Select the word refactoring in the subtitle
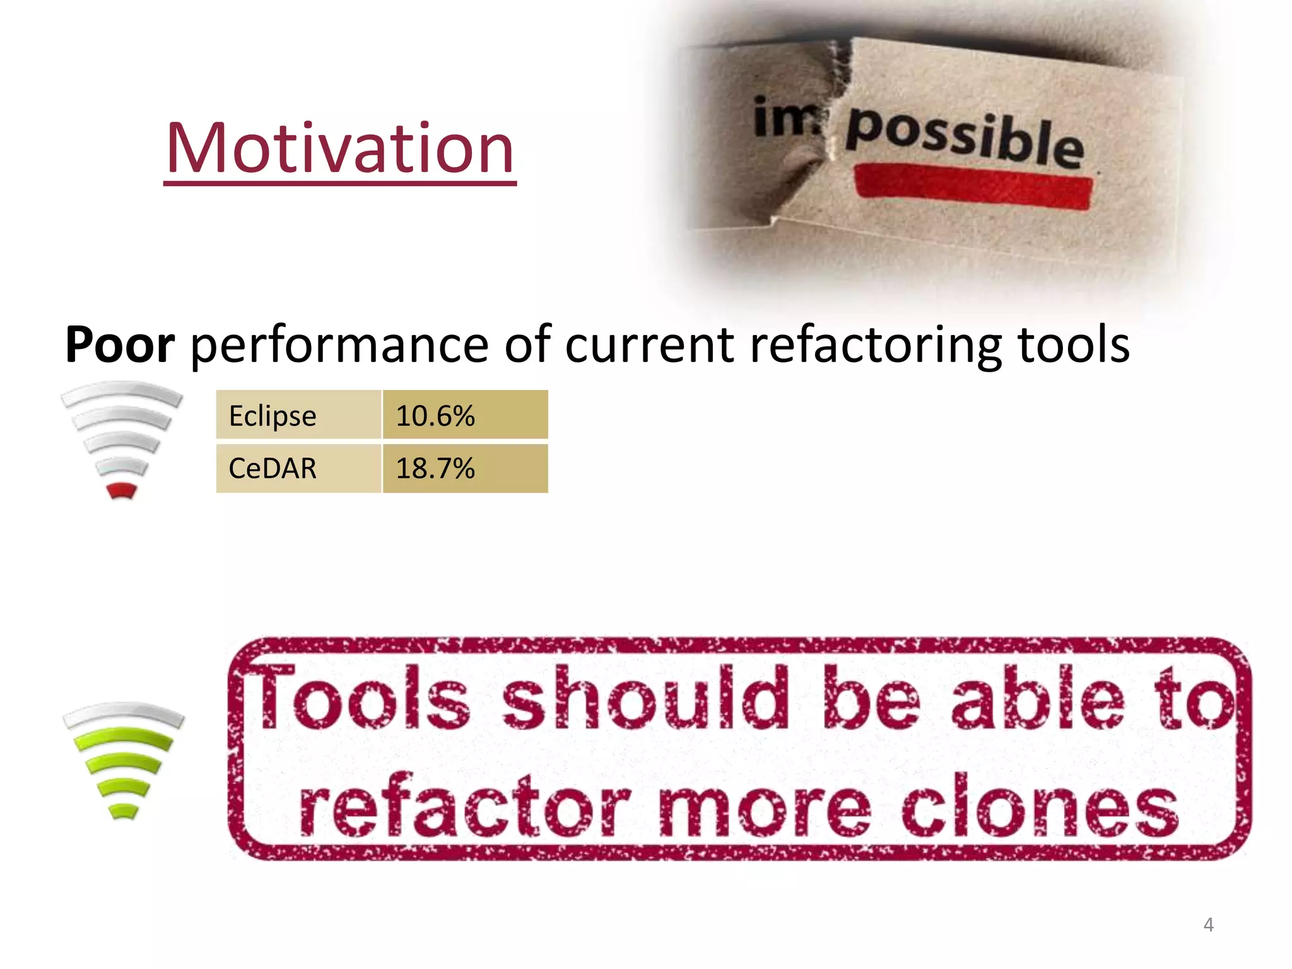876,346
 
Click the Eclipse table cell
298,415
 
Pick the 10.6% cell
465,415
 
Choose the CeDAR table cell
298,469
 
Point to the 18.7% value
465,469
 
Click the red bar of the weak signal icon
122,490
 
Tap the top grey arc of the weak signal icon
122,392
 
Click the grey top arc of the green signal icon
124,714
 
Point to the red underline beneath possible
973,185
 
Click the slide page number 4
1208,925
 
